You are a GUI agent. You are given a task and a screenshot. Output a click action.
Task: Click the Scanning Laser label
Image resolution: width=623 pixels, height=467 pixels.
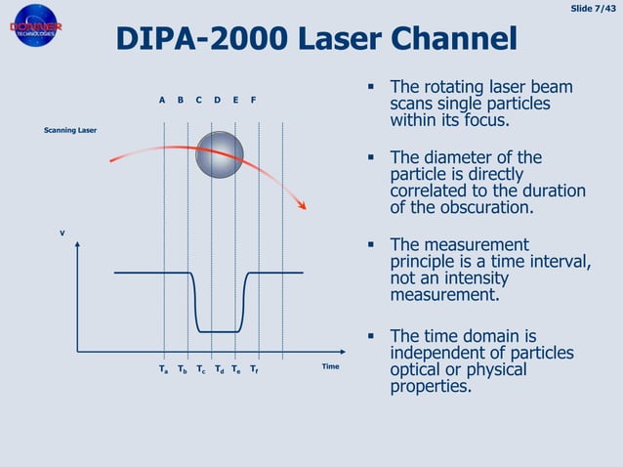pos(70,130)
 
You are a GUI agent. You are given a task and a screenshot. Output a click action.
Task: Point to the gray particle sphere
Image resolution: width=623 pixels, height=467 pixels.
pos(220,153)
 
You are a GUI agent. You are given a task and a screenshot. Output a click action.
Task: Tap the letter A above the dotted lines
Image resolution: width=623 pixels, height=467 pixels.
pos(162,100)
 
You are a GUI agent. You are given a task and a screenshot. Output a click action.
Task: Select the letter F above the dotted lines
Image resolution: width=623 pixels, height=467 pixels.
pos(254,100)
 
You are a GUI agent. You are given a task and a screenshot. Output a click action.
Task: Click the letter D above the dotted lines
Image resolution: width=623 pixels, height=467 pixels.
pos(217,100)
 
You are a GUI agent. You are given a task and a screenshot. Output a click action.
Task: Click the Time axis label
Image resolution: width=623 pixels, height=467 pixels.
pos(330,366)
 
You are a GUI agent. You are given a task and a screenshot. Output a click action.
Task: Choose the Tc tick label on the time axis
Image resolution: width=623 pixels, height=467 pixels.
pos(200,370)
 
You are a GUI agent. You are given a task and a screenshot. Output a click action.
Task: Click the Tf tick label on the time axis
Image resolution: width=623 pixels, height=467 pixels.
pos(254,370)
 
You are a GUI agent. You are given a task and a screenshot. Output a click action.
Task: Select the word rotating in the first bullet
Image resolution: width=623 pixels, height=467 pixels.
pos(459,88)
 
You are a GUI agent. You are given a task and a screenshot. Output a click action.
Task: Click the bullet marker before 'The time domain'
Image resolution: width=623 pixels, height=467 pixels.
pos(372,336)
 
